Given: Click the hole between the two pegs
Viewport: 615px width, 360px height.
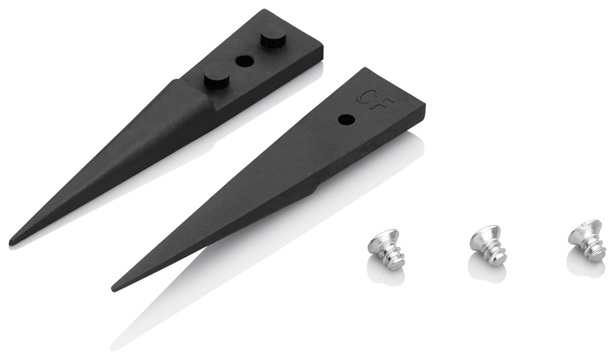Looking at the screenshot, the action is point(244,61).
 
